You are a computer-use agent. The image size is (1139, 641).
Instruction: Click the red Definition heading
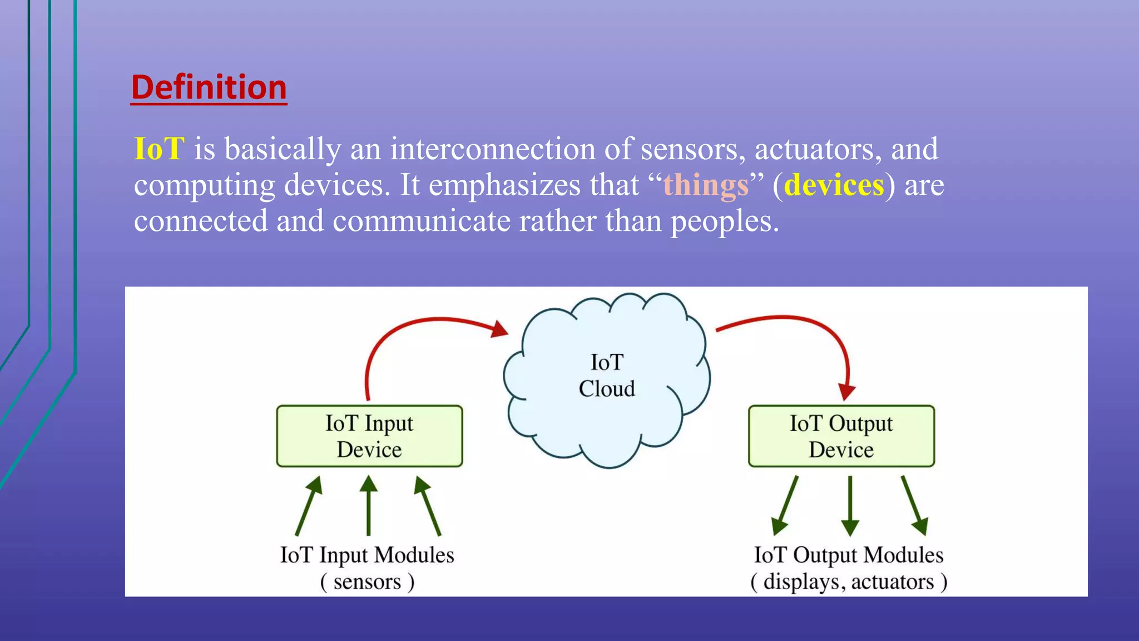click(x=209, y=87)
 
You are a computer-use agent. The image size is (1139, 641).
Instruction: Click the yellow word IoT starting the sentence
click(x=159, y=149)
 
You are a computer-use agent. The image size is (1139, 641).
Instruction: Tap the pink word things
click(x=706, y=185)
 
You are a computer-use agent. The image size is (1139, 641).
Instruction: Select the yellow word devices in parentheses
click(x=834, y=185)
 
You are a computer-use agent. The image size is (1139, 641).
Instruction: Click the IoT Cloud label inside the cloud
click(x=607, y=376)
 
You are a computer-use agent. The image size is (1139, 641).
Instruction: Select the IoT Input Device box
click(x=369, y=436)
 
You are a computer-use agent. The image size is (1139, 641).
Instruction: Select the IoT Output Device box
click(x=841, y=436)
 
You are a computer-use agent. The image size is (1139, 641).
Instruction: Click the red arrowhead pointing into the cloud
click(x=499, y=329)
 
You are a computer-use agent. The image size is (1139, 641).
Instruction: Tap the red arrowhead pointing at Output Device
click(x=846, y=392)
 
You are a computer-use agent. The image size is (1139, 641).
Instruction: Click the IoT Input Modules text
click(x=367, y=555)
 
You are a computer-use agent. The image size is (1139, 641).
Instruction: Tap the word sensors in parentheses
click(x=367, y=582)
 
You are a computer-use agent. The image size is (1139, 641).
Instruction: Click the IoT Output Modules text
click(x=849, y=555)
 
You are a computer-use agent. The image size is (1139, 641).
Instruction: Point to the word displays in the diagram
click(x=801, y=582)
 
